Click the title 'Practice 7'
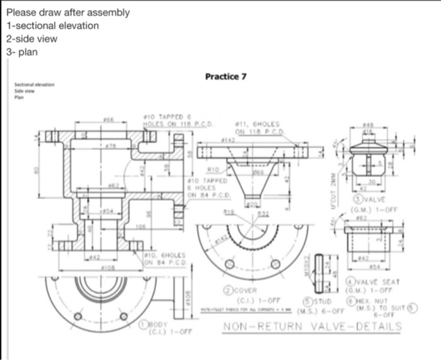pyautogui.click(x=226, y=77)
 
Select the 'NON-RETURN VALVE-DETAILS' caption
pyautogui.click(x=312, y=327)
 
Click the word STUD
pyautogui.click(x=315, y=302)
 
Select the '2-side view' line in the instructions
pyautogui.click(x=31, y=38)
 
